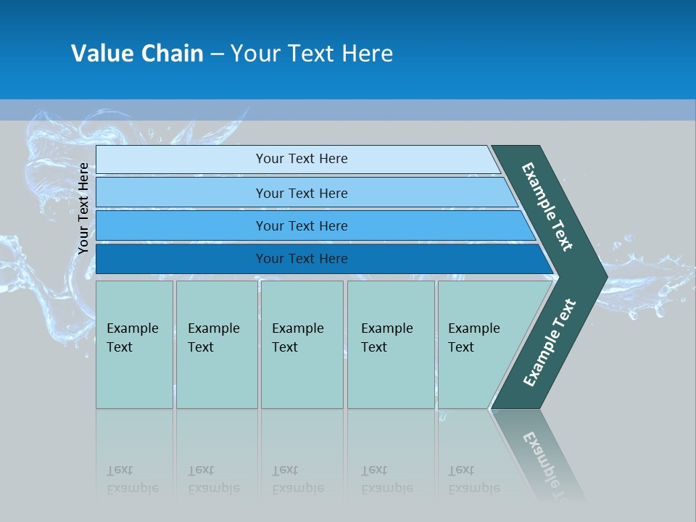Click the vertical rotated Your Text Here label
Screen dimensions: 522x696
point(83,208)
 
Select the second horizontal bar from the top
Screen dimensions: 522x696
point(302,193)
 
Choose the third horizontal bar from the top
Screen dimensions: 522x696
point(302,225)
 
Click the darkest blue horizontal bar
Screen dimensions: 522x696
point(302,259)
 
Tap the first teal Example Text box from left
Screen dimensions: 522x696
point(134,344)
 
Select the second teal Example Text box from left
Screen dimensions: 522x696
point(216,344)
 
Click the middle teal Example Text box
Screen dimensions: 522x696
point(302,344)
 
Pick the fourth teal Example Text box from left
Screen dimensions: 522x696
point(391,344)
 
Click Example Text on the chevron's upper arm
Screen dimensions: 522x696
point(547,207)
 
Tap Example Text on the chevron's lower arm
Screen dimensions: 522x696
point(549,343)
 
